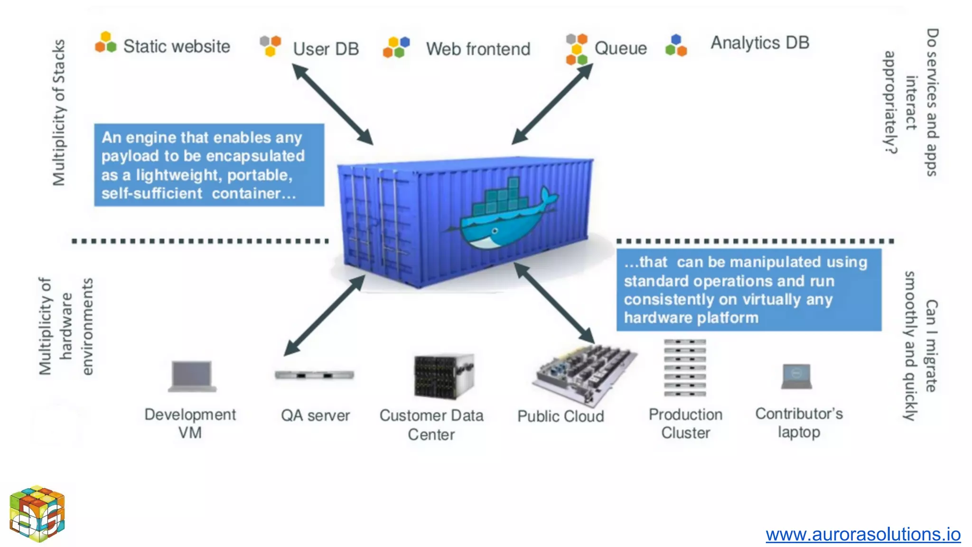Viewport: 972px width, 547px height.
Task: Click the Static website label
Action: click(177, 47)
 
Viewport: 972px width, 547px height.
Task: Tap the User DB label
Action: click(326, 49)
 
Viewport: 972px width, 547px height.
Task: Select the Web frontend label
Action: click(478, 49)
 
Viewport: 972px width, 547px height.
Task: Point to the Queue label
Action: click(620, 48)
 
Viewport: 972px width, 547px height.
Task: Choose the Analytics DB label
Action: click(759, 43)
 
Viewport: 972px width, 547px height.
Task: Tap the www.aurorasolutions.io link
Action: click(863, 534)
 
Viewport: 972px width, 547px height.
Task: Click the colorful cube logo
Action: click(37, 514)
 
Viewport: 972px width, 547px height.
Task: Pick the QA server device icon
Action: click(314, 375)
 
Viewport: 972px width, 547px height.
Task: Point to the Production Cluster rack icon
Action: click(685, 368)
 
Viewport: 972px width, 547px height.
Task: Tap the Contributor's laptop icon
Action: click(797, 377)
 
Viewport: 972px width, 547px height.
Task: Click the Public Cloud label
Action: click(561, 416)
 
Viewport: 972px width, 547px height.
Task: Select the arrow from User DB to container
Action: click(332, 104)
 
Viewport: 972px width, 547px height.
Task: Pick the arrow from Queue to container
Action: click(552, 104)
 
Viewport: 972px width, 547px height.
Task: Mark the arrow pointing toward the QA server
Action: click(324, 316)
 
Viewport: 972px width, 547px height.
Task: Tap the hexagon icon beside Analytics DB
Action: click(676, 46)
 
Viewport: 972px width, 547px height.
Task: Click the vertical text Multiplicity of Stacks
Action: click(59, 113)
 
